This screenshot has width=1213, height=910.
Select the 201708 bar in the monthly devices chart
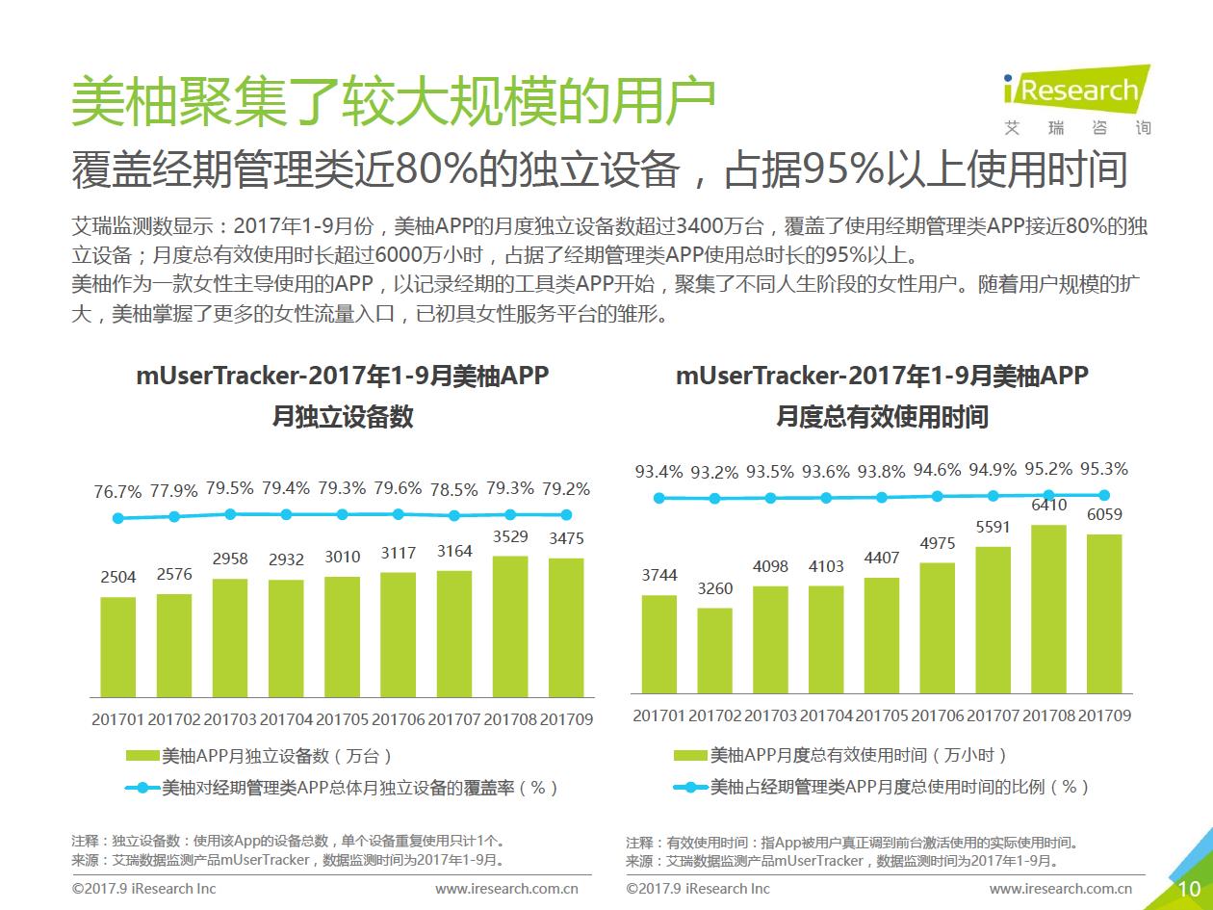(x=510, y=626)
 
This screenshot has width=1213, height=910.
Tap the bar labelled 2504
(x=118, y=646)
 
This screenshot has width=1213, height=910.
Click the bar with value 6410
(x=1048, y=609)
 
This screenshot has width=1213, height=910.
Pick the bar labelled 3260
(x=714, y=650)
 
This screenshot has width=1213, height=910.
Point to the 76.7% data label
(x=117, y=491)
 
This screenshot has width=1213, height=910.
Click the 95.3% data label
(x=1104, y=469)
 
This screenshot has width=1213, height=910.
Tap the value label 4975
(x=937, y=544)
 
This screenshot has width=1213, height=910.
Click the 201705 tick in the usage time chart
(x=882, y=715)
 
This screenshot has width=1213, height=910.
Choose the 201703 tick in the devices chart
(x=230, y=718)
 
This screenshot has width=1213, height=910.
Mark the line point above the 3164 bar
(x=454, y=516)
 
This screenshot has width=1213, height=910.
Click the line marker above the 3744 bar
(x=659, y=498)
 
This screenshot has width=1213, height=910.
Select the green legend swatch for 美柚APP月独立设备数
(x=142, y=756)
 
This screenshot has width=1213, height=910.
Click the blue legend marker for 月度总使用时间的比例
(x=690, y=787)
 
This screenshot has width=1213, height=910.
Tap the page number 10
(x=1189, y=888)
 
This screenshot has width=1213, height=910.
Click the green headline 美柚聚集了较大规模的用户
(x=394, y=103)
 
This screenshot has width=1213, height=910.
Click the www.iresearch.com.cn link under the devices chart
(x=506, y=889)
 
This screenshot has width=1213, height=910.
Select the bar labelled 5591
(x=993, y=619)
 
